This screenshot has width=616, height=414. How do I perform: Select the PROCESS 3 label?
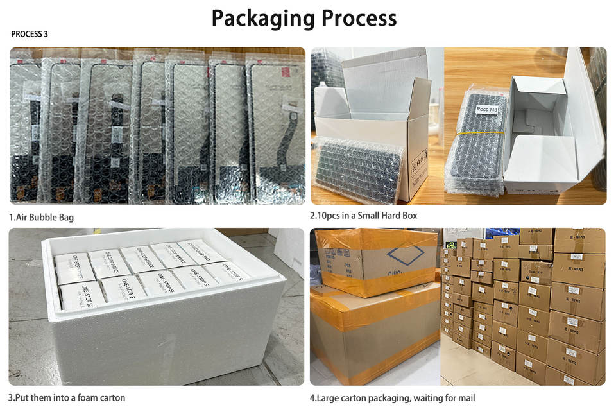(x=30, y=34)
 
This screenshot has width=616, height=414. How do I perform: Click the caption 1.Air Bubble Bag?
(x=41, y=217)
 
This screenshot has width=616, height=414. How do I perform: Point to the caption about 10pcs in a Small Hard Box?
(x=363, y=216)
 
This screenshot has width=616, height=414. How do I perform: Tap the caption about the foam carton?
(x=67, y=397)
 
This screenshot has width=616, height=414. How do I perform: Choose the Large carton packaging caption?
(x=392, y=398)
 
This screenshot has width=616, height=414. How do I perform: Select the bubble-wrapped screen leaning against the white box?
(x=355, y=169)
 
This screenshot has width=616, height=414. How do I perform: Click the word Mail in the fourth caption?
(x=466, y=398)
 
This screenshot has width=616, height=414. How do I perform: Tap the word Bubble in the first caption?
(x=47, y=217)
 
